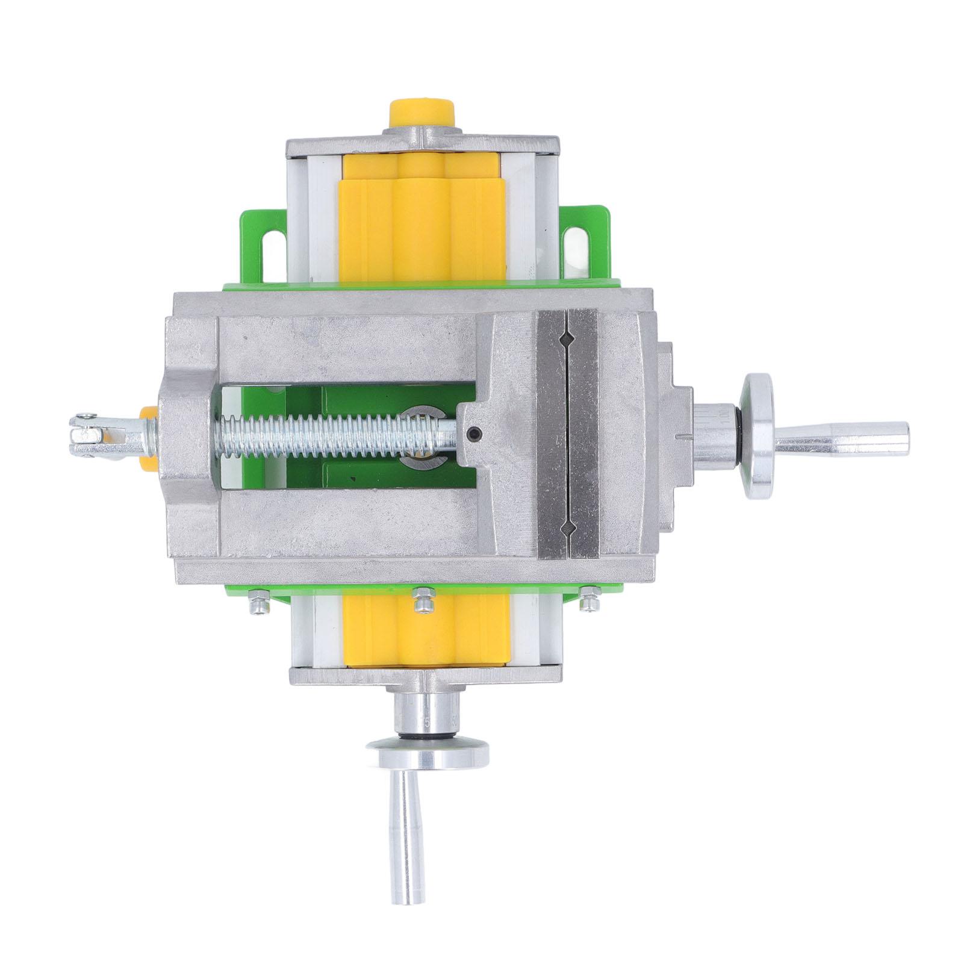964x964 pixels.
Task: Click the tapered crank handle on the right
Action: tap(843, 437)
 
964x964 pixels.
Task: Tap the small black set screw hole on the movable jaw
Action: tap(476, 432)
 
